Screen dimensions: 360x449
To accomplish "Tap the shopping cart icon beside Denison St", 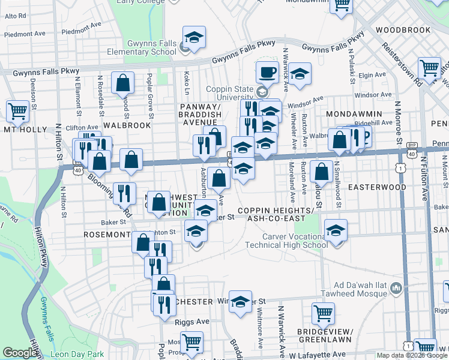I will click(x=18, y=110).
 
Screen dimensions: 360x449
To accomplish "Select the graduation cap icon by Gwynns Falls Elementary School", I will click(x=194, y=38).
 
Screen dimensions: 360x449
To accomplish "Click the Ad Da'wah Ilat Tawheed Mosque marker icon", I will click(x=395, y=289).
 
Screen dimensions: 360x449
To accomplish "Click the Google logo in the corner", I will click(x=19, y=353).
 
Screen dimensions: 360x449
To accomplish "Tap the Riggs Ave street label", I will click(x=192, y=322).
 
